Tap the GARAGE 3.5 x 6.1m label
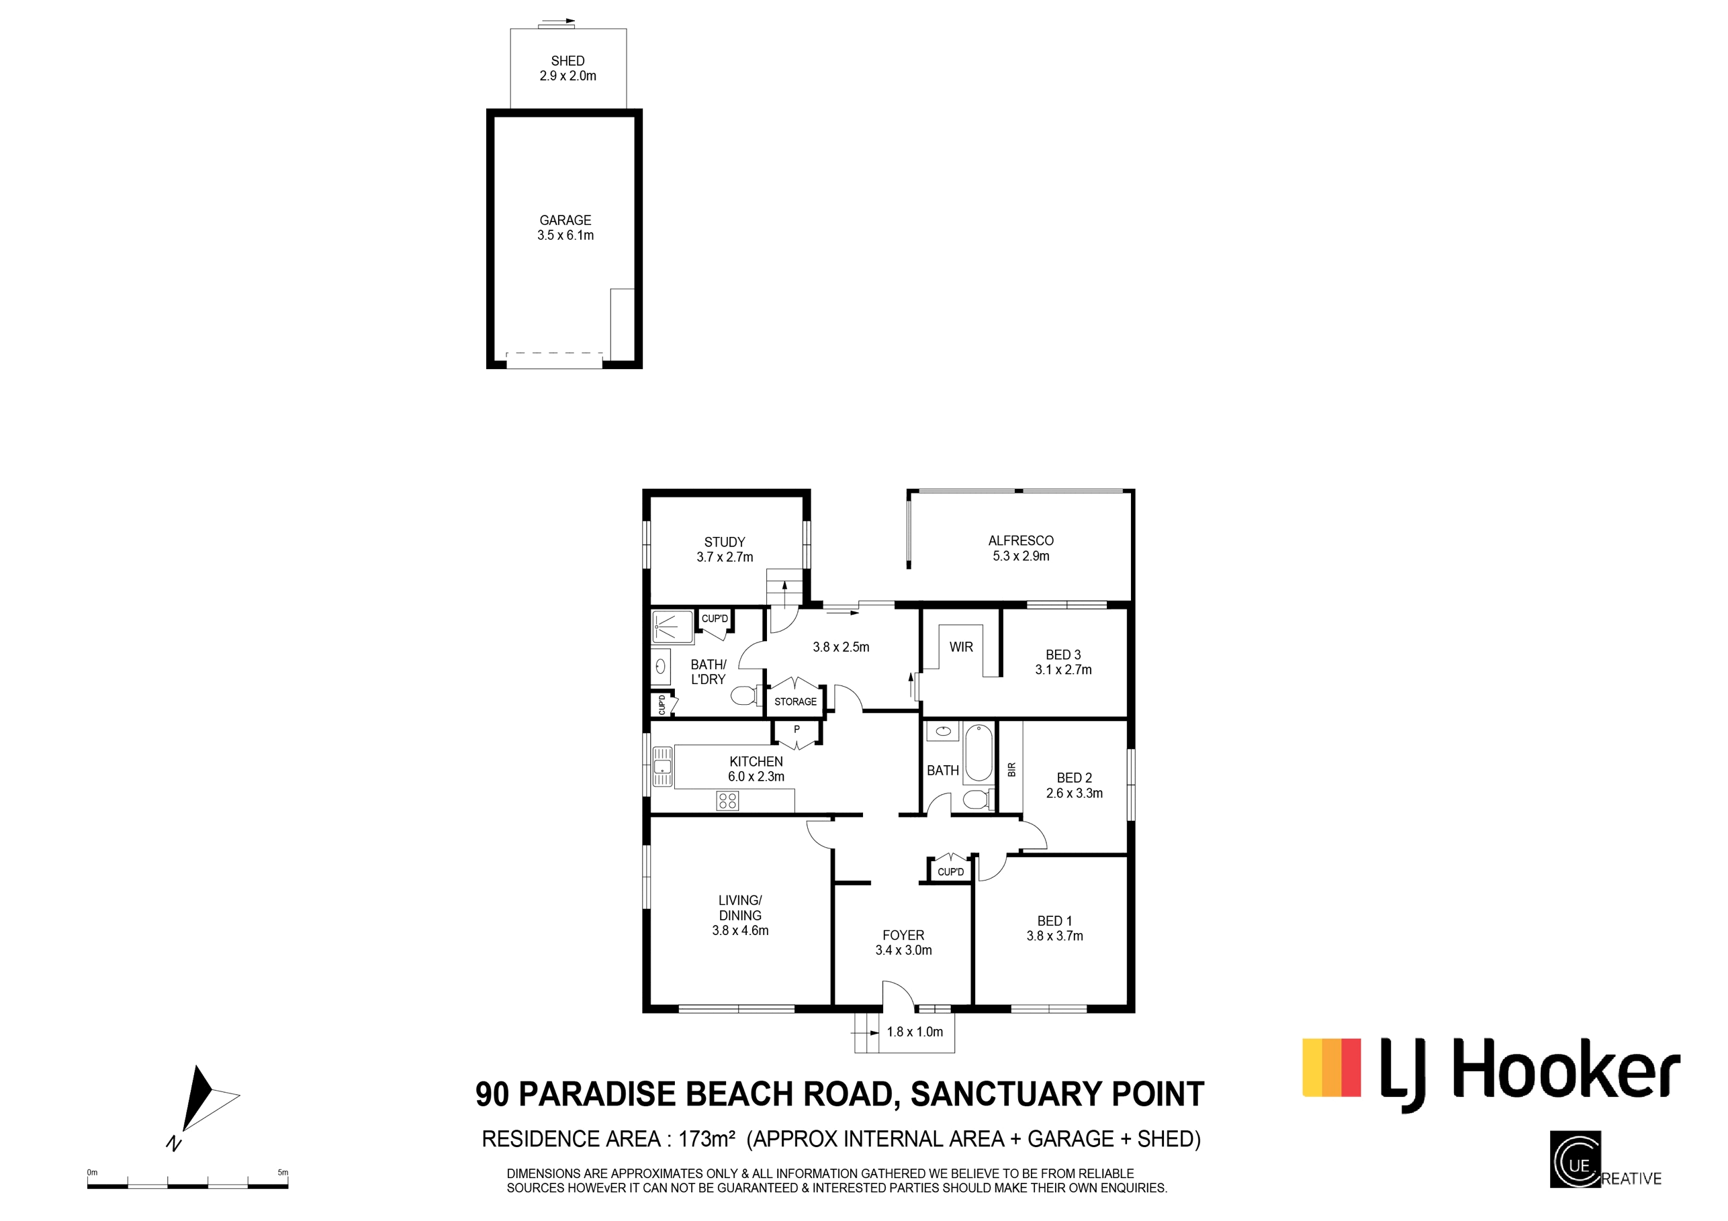pos(565,227)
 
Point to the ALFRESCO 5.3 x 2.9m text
pos(1021,548)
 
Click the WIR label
pos(961,647)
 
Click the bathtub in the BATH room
pos(979,753)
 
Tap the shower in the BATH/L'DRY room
pos(672,628)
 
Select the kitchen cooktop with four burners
pos(728,800)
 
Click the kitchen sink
pos(662,767)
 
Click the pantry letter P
pos(797,730)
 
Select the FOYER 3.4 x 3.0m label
pos(903,942)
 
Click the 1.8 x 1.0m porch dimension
pos(915,1032)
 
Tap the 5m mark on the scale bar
pos(283,1172)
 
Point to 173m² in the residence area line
pos(706,1139)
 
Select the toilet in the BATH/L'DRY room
pos(745,696)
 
